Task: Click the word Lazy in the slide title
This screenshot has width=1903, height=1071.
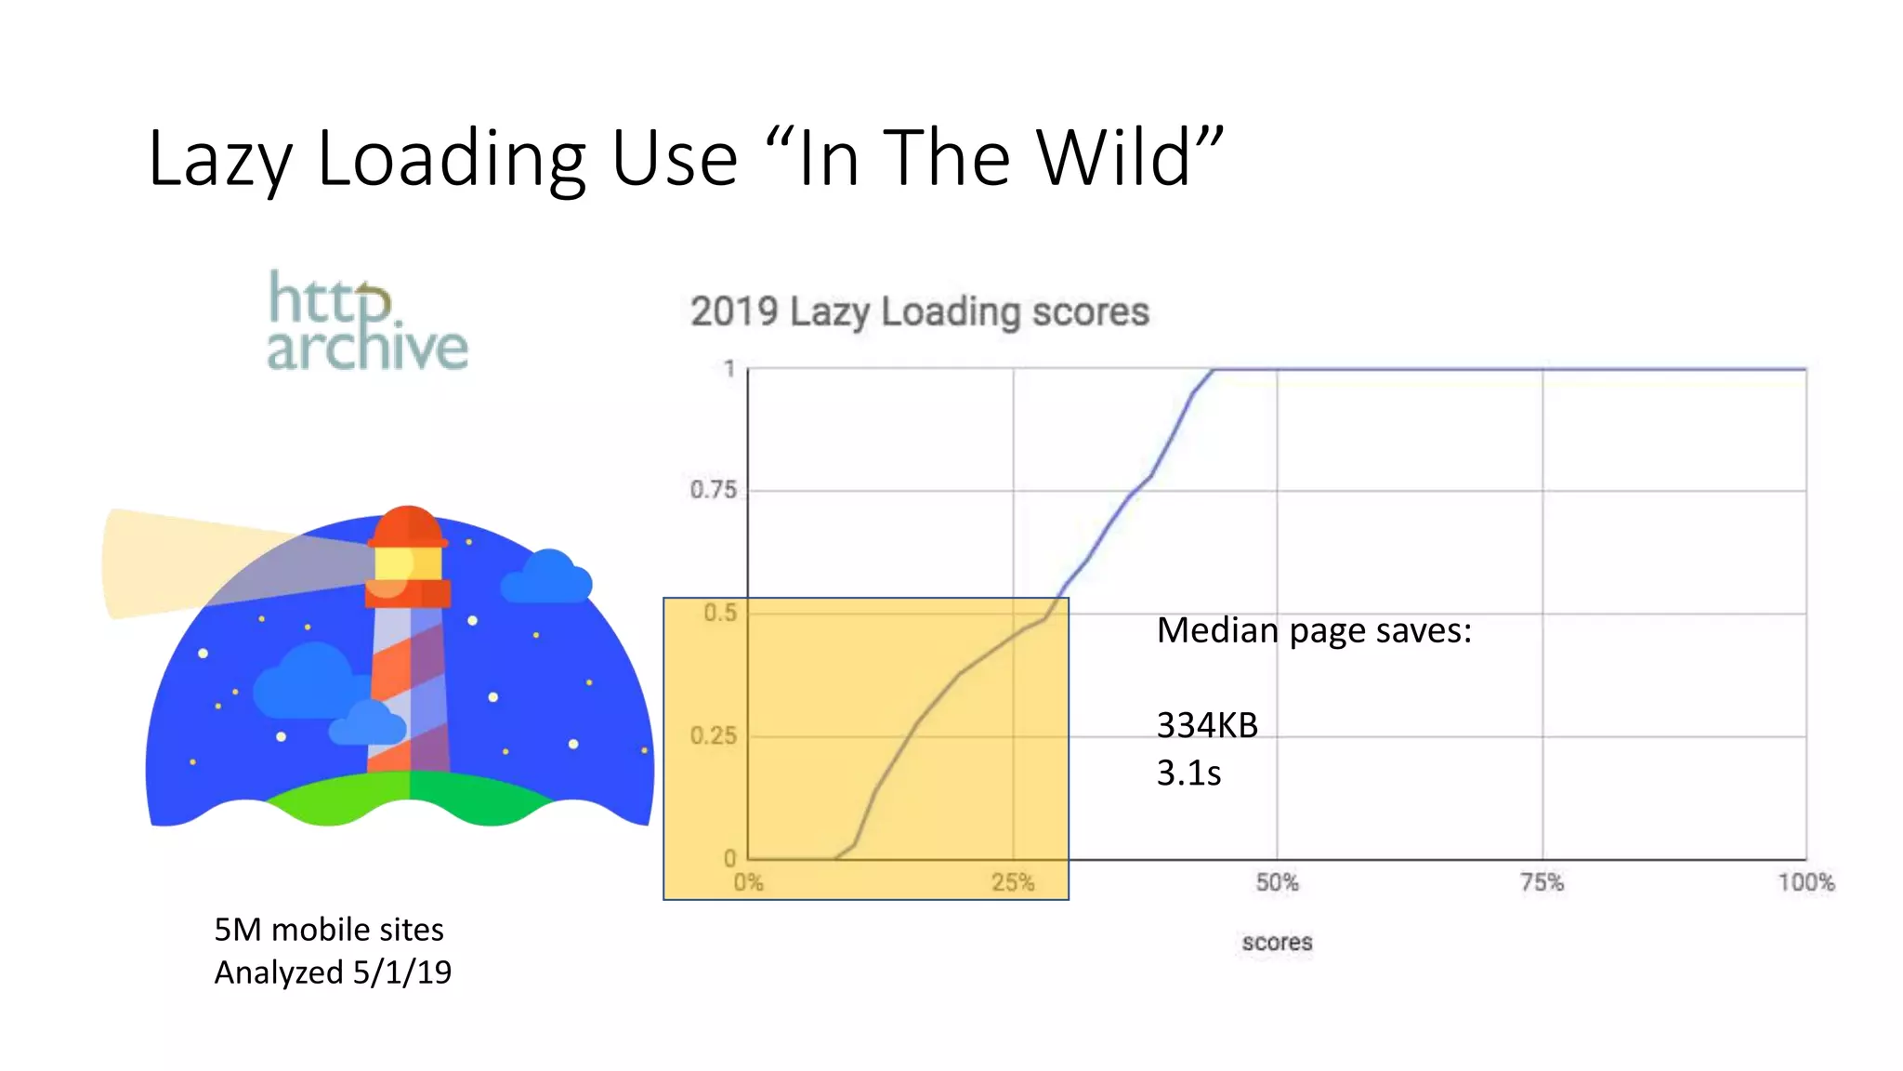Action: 219,160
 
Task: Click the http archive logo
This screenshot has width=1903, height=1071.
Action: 367,322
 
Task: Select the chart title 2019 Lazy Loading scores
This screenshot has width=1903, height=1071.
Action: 919,311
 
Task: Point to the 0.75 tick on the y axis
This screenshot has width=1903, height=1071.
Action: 713,490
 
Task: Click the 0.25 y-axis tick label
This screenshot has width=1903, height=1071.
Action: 713,736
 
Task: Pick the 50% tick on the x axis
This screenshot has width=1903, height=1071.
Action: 1277,882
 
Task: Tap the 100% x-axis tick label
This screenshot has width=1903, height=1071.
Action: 1805,882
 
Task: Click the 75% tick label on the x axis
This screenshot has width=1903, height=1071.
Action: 1542,882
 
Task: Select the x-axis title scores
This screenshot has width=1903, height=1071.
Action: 1277,942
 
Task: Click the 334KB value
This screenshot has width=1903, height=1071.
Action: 1207,725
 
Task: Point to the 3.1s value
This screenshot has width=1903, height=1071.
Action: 1188,773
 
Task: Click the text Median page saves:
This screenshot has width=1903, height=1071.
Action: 1314,630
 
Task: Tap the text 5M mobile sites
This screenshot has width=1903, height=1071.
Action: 329,929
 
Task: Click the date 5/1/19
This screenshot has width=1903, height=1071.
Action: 402,972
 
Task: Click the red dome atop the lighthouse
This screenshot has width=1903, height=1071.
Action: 408,525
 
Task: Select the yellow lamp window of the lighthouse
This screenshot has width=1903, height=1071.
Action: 408,562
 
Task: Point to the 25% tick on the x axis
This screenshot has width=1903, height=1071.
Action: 1012,882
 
